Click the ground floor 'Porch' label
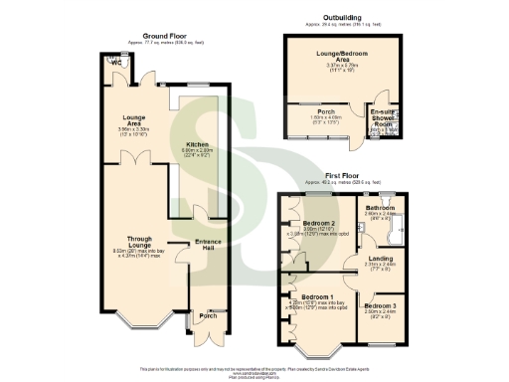[206, 316]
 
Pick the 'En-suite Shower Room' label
[384, 116]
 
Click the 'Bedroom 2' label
[319, 221]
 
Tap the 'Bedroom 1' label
[317, 296]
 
